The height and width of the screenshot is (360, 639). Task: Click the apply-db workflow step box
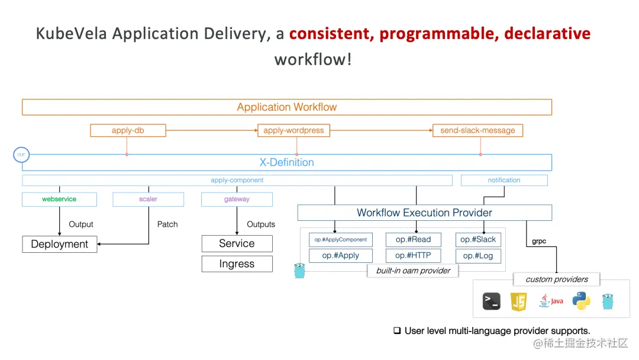point(128,130)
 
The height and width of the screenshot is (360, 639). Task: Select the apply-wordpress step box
point(293,130)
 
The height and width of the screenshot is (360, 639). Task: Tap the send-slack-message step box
point(477,130)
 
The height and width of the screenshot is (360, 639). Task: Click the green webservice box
point(59,199)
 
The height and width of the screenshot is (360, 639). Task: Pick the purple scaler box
point(148,199)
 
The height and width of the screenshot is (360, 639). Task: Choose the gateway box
point(237,199)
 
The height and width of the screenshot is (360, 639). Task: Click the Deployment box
point(59,244)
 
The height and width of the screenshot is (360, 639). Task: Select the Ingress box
point(237,264)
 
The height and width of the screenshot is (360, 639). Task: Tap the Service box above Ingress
point(237,243)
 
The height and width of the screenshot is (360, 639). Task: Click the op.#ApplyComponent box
point(340,240)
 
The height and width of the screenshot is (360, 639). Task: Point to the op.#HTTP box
point(413,256)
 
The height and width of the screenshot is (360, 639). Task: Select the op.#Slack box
point(478,240)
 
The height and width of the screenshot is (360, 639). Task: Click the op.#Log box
point(478,256)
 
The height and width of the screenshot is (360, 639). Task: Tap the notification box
point(504,180)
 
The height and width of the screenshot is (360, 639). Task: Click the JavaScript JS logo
point(519,301)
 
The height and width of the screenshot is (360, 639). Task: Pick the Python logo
point(581,301)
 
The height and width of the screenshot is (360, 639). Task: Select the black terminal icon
point(491,301)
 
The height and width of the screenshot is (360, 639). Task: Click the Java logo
point(551,301)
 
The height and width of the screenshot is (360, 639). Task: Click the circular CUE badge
point(21,155)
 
